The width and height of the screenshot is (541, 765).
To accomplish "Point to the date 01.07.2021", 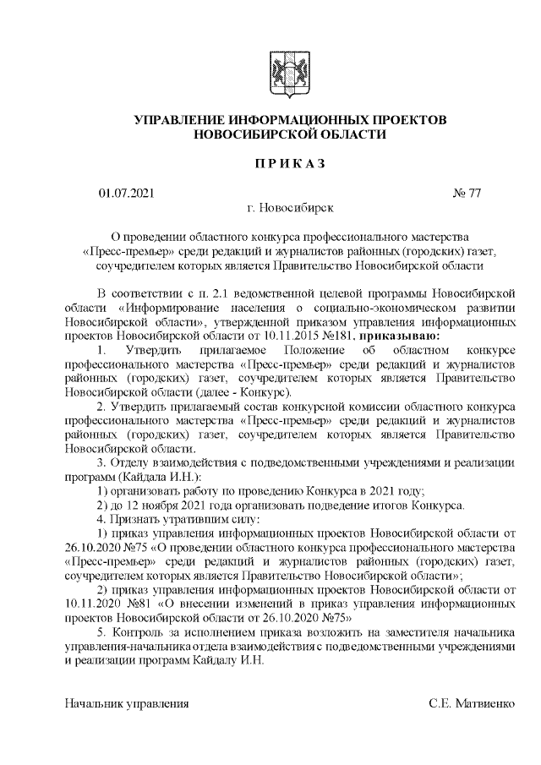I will [127, 194].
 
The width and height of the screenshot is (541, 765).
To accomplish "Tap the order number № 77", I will [467, 194].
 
